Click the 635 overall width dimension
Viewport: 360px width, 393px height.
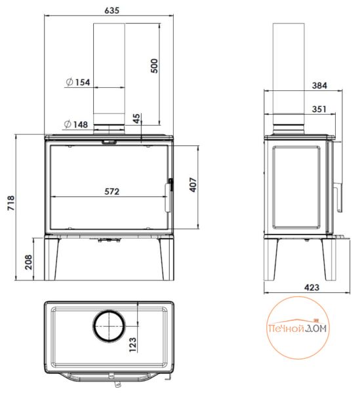click(111, 10)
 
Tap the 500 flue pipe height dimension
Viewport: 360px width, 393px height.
click(155, 66)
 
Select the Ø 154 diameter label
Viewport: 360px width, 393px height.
click(78, 82)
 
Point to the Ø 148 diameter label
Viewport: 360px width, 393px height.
click(76, 124)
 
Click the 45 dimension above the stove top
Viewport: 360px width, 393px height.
click(136, 119)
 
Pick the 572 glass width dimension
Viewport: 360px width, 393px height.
click(112, 191)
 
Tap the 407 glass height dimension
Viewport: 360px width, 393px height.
click(193, 185)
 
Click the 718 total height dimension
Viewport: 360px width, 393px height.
click(10, 203)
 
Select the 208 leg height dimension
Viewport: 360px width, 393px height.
click(29, 262)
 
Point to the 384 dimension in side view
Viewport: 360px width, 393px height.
click(319, 85)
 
